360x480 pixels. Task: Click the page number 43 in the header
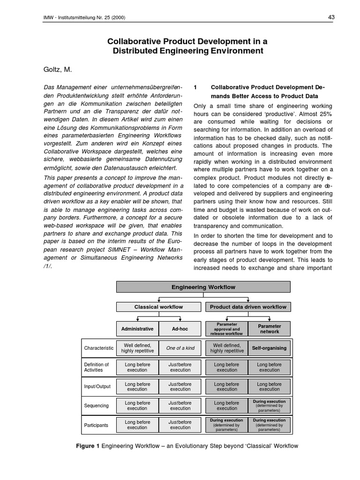[331, 17]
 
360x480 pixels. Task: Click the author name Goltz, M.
[58, 69]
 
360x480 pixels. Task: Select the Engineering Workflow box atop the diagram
[203, 287]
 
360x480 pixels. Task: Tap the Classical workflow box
[158, 307]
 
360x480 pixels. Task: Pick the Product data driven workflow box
[248, 307]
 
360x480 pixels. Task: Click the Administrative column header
[137, 329]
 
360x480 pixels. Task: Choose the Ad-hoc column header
[180, 329]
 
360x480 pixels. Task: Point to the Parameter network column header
[270, 329]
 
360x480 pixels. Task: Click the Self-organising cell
[270, 348]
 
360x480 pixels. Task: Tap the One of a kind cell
[180, 348]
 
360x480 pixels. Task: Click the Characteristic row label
[99, 348]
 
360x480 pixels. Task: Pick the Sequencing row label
[96, 405]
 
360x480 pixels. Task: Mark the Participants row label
[96, 425]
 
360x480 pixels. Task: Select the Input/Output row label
[97, 386]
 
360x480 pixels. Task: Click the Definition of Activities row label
[97, 367]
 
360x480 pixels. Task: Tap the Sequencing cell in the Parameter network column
[270, 405]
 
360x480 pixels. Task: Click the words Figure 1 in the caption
[88, 446]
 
